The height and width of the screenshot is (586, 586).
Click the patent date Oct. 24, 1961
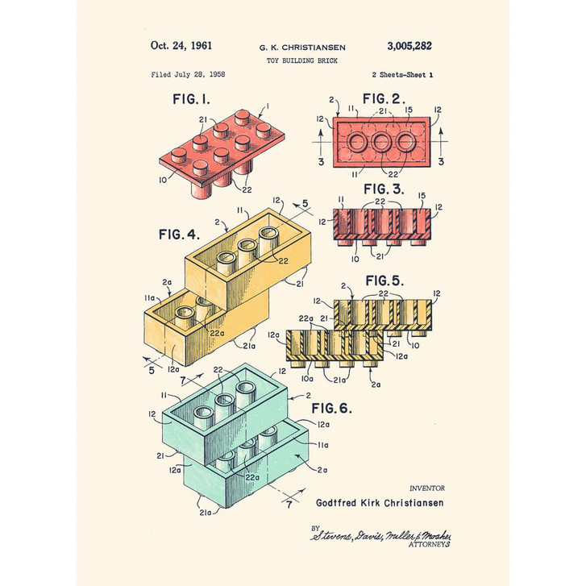[181, 46]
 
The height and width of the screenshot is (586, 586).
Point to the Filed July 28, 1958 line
[188, 74]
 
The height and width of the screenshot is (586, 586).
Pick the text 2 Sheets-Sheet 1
[402, 74]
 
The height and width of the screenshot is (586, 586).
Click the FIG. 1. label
[191, 100]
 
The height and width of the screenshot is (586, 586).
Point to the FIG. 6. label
[331, 408]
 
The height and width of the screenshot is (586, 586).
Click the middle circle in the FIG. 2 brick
[378, 144]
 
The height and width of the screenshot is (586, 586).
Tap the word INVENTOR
[426, 488]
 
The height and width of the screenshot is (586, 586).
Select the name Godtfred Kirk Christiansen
[380, 502]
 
